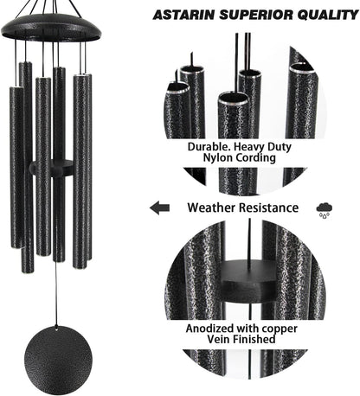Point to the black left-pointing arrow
(x=158, y=208)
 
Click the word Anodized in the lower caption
(x=212, y=329)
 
